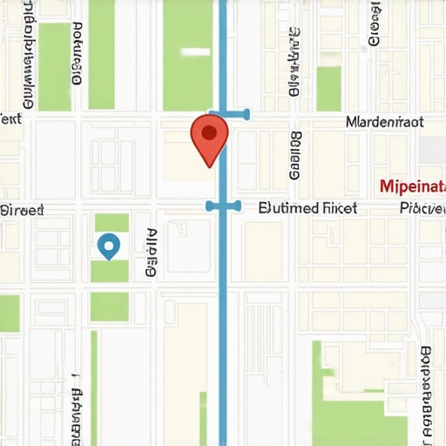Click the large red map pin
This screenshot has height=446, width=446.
(209, 138)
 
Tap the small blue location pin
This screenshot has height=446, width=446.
(108, 246)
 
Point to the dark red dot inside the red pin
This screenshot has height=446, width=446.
(209, 132)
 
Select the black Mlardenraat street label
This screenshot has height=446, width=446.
(384, 122)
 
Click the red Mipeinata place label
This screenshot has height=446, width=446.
(412, 186)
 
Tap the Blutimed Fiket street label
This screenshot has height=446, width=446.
(308, 208)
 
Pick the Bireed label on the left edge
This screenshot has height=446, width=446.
(22, 210)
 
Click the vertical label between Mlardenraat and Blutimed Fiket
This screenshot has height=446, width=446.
(294, 156)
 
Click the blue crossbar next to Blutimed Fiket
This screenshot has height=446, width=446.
(223, 206)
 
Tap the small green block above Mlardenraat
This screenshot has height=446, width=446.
(328, 88)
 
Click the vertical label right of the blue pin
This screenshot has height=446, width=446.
(152, 253)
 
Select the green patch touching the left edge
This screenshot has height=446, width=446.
(9, 314)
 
